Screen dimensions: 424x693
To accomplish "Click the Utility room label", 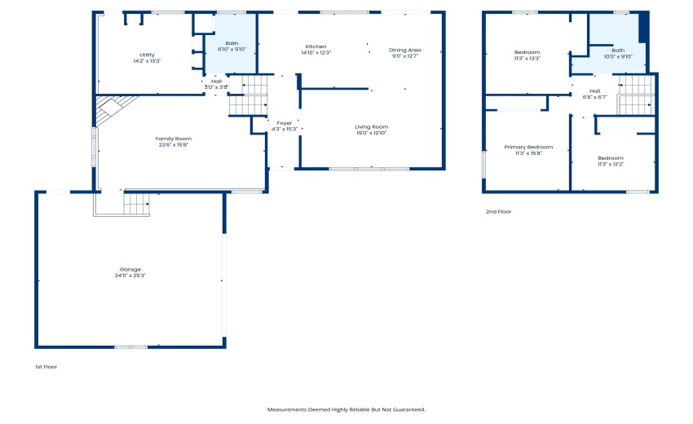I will click(147, 55).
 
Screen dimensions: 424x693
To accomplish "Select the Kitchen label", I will click(316, 46).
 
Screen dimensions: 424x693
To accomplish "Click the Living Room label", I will click(371, 126).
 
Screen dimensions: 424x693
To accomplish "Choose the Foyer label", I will click(284, 122).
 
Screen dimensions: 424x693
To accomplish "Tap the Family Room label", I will click(173, 139).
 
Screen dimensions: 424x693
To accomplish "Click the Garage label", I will click(130, 269).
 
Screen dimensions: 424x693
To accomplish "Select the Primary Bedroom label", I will click(528, 147).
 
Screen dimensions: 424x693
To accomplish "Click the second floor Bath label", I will click(618, 50).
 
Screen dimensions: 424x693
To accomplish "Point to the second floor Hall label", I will click(594, 91).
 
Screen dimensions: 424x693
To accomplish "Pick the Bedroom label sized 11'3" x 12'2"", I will click(610, 157).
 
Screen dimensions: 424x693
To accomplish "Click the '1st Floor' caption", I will click(46, 367).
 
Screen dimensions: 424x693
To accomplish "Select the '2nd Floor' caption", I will click(498, 211).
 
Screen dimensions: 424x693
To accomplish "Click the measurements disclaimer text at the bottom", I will click(346, 409).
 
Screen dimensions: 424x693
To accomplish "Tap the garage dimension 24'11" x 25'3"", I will click(130, 276).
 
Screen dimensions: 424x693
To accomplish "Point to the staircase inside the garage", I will click(136, 205).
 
